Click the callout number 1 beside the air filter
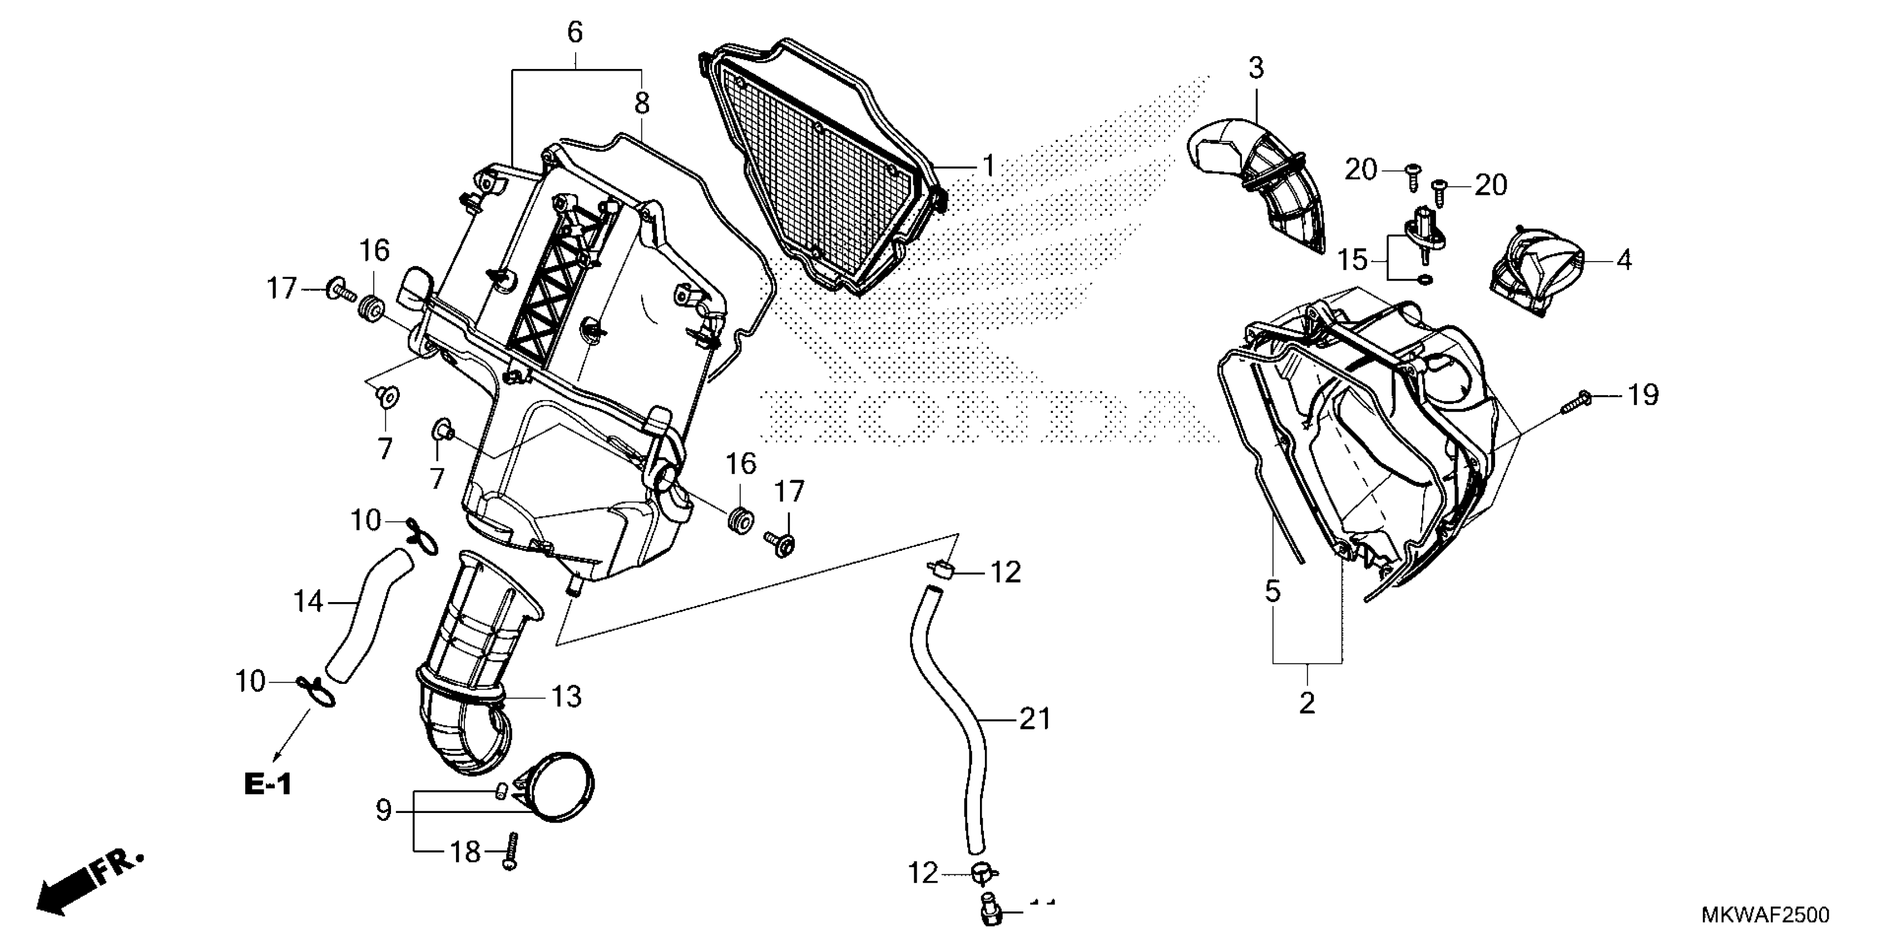(x=988, y=167)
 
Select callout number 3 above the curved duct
(x=1256, y=69)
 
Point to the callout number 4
(x=1624, y=259)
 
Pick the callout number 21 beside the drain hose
(x=1035, y=719)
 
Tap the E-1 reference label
(x=268, y=785)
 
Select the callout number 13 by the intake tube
(x=566, y=696)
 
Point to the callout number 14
(x=308, y=602)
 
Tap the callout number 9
(x=383, y=811)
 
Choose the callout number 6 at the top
(x=575, y=32)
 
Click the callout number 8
(x=642, y=104)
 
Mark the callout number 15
(x=1353, y=260)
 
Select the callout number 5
(x=1272, y=590)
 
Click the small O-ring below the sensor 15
(x=1424, y=279)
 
